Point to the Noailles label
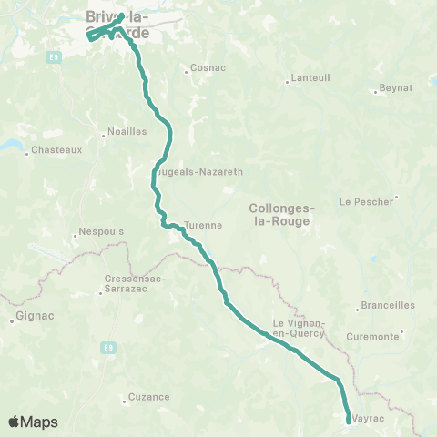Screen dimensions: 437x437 [x=127, y=131]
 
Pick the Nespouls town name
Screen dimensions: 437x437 [x=101, y=231]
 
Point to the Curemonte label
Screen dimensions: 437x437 [x=373, y=337]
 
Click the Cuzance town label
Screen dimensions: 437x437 [x=148, y=396]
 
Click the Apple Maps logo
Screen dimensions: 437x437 [x=33, y=422]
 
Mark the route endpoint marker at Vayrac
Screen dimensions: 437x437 [x=350, y=420]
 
